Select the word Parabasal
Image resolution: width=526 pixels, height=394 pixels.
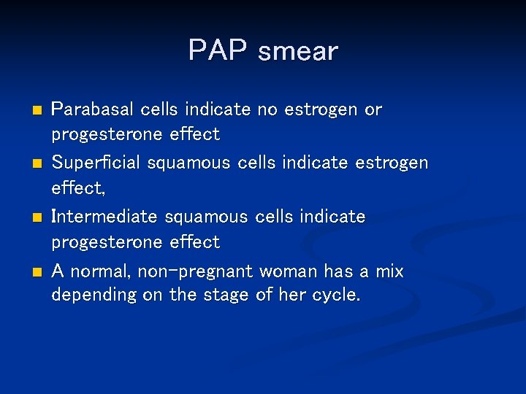click(91, 109)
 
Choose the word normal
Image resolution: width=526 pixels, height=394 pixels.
click(102, 272)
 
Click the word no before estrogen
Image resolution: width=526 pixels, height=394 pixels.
click(267, 109)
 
